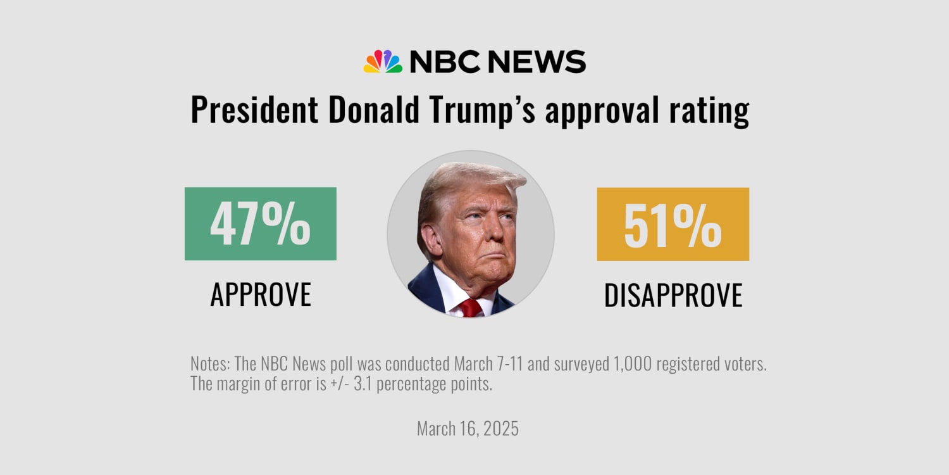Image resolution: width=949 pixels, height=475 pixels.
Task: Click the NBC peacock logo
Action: [383, 61]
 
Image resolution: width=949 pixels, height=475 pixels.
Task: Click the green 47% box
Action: [260, 224]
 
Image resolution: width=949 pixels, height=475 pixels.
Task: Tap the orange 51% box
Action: [673, 224]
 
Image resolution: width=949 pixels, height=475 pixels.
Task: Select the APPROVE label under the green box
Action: [261, 294]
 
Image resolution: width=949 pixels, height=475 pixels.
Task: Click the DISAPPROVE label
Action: [673, 295]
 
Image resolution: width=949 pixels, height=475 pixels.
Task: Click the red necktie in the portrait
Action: [470, 308]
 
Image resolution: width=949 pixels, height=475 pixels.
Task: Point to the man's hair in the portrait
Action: [468, 180]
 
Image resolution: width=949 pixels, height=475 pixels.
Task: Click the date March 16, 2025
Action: [468, 429]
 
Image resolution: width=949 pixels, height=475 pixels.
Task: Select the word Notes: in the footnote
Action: [210, 365]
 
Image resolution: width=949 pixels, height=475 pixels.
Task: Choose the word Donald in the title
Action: [373, 110]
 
